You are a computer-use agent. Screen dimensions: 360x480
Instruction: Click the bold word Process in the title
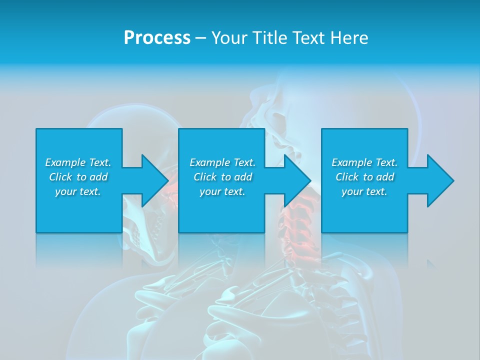(x=157, y=38)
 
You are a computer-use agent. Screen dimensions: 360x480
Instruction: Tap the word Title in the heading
(x=270, y=38)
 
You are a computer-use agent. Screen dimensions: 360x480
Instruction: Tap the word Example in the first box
(x=65, y=162)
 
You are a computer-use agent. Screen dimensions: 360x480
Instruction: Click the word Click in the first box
(x=60, y=177)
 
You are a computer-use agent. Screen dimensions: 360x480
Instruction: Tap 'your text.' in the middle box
(x=222, y=191)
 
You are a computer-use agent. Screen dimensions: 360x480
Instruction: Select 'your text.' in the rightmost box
(x=364, y=191)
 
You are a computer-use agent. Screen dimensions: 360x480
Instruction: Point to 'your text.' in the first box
(x=77, y=191)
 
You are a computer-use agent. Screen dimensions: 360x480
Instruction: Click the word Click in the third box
(x=347, y=177)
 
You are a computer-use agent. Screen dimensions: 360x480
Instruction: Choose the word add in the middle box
(x=243, y=177)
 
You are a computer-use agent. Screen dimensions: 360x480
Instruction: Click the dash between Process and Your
(x=200, y=38)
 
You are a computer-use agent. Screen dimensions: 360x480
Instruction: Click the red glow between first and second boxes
(x=171, y=192)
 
